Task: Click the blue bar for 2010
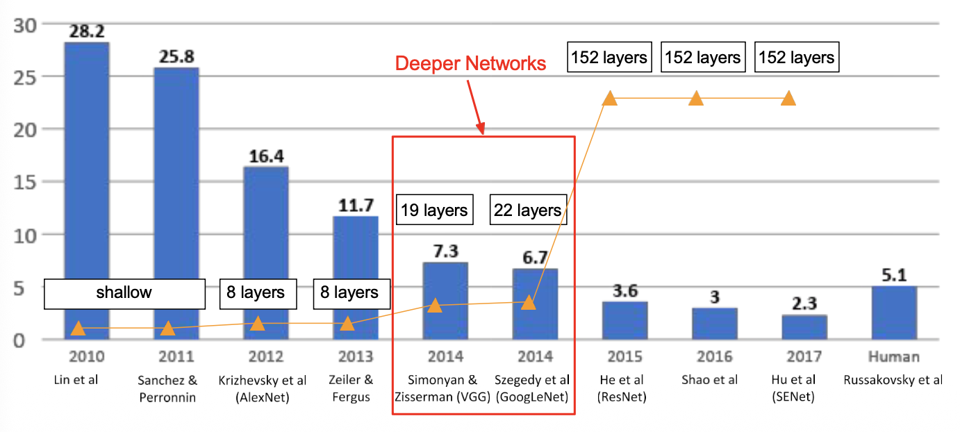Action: pos(87,167)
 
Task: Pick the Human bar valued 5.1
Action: pos(893,313)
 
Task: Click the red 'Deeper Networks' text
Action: pos(470,64)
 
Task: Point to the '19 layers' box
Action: pos(435,210)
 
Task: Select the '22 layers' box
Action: pos(527,210)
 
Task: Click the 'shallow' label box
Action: pos(124,293)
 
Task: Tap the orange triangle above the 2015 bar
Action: pos(609,98)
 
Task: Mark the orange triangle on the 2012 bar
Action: pos(258,323)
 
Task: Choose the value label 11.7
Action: pos(356,206)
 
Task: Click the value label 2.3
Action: pos(804,304)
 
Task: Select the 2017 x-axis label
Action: pos(804,357)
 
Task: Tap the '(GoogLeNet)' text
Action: pos(532,397)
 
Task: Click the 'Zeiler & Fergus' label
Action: pos(356,388)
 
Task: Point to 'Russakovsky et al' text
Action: pos(893,380)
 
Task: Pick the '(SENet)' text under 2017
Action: pos(793,397)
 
